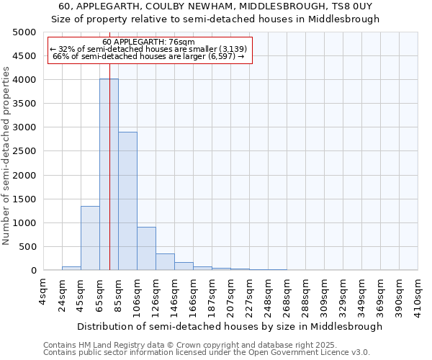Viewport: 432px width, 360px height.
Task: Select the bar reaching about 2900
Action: [127, 201]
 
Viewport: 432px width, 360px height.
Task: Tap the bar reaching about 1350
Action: [90, 238]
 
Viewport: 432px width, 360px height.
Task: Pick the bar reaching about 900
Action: [146, 248]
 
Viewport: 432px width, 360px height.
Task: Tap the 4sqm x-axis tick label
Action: [44, 291]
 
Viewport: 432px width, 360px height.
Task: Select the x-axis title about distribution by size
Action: [230, 326]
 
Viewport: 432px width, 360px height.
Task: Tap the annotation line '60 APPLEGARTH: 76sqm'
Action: [148, 42]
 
